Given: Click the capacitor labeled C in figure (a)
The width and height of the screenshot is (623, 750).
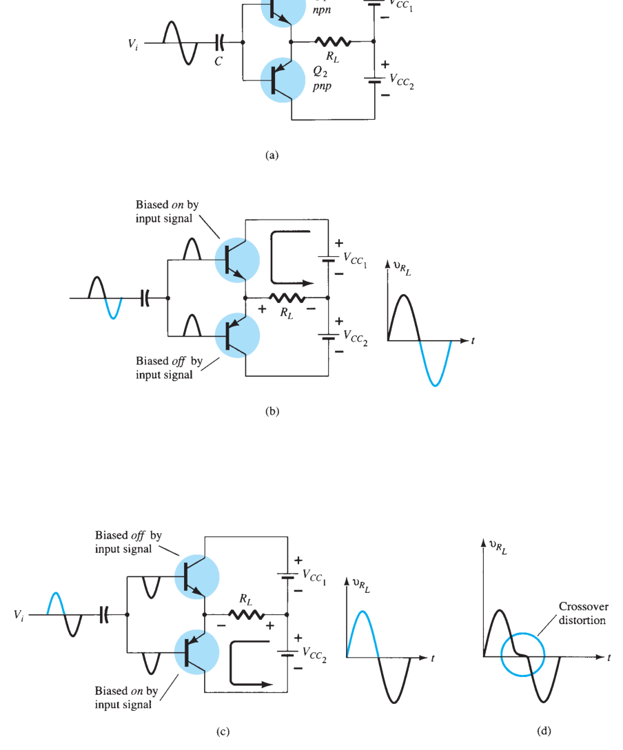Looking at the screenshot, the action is [x=219, y=42].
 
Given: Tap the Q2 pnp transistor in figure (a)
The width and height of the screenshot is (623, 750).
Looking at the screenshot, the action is [x=283, y=81].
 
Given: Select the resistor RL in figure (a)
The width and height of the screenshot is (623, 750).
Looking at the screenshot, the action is [x=333, y=41].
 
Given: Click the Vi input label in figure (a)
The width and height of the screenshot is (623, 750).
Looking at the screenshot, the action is [x=133, y=44].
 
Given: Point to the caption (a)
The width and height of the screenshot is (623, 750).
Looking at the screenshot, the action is [x=272, y=155].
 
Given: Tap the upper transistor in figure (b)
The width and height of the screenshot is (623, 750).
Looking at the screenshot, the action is [x=237, y=260].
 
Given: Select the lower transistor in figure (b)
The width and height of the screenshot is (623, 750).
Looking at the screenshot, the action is [x=237, y=336].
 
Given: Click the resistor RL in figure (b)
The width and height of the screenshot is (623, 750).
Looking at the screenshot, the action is [x=287, y=298].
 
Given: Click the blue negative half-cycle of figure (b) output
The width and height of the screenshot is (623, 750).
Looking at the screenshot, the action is [x=435, y=364].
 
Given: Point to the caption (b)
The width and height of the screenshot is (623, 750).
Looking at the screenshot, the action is [x=272, y=411].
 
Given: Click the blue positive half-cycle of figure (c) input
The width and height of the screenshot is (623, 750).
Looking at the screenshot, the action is [x=56, y=603].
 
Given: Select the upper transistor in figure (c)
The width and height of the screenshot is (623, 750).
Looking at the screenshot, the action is [x=196, y=577].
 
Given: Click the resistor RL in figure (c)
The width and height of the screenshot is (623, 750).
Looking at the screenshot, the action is [x=246, y=614].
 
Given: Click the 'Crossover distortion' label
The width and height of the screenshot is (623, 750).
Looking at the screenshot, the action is [x=583, y=613].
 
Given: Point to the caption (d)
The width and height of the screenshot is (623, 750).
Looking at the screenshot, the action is [x=544, y=731].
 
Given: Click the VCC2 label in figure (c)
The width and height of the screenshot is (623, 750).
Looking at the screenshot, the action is [x=314, y=655].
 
